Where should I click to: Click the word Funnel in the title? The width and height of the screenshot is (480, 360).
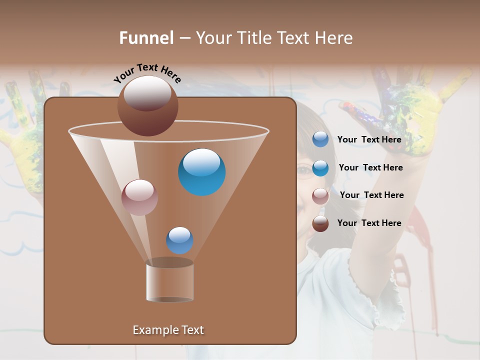(146, 38)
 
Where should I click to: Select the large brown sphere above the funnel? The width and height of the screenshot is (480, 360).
(147, 105)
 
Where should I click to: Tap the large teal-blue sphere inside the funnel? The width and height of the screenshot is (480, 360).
(202, 172)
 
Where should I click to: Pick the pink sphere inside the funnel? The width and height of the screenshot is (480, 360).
(139, 197)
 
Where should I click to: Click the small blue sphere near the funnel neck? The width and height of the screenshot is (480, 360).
(179, 240)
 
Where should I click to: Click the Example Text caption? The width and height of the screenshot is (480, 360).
(168, 330)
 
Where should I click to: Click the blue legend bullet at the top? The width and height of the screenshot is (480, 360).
(320, 139)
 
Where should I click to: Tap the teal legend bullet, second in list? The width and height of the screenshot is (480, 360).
(320, 168)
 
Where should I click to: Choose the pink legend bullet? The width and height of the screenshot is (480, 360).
(320, 196)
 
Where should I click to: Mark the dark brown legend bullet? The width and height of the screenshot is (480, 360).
(320, 223)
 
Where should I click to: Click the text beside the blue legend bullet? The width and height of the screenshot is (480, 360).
(369, 139)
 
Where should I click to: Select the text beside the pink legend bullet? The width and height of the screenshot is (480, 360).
(371, 195)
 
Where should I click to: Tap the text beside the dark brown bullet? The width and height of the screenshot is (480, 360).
(369, 223)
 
